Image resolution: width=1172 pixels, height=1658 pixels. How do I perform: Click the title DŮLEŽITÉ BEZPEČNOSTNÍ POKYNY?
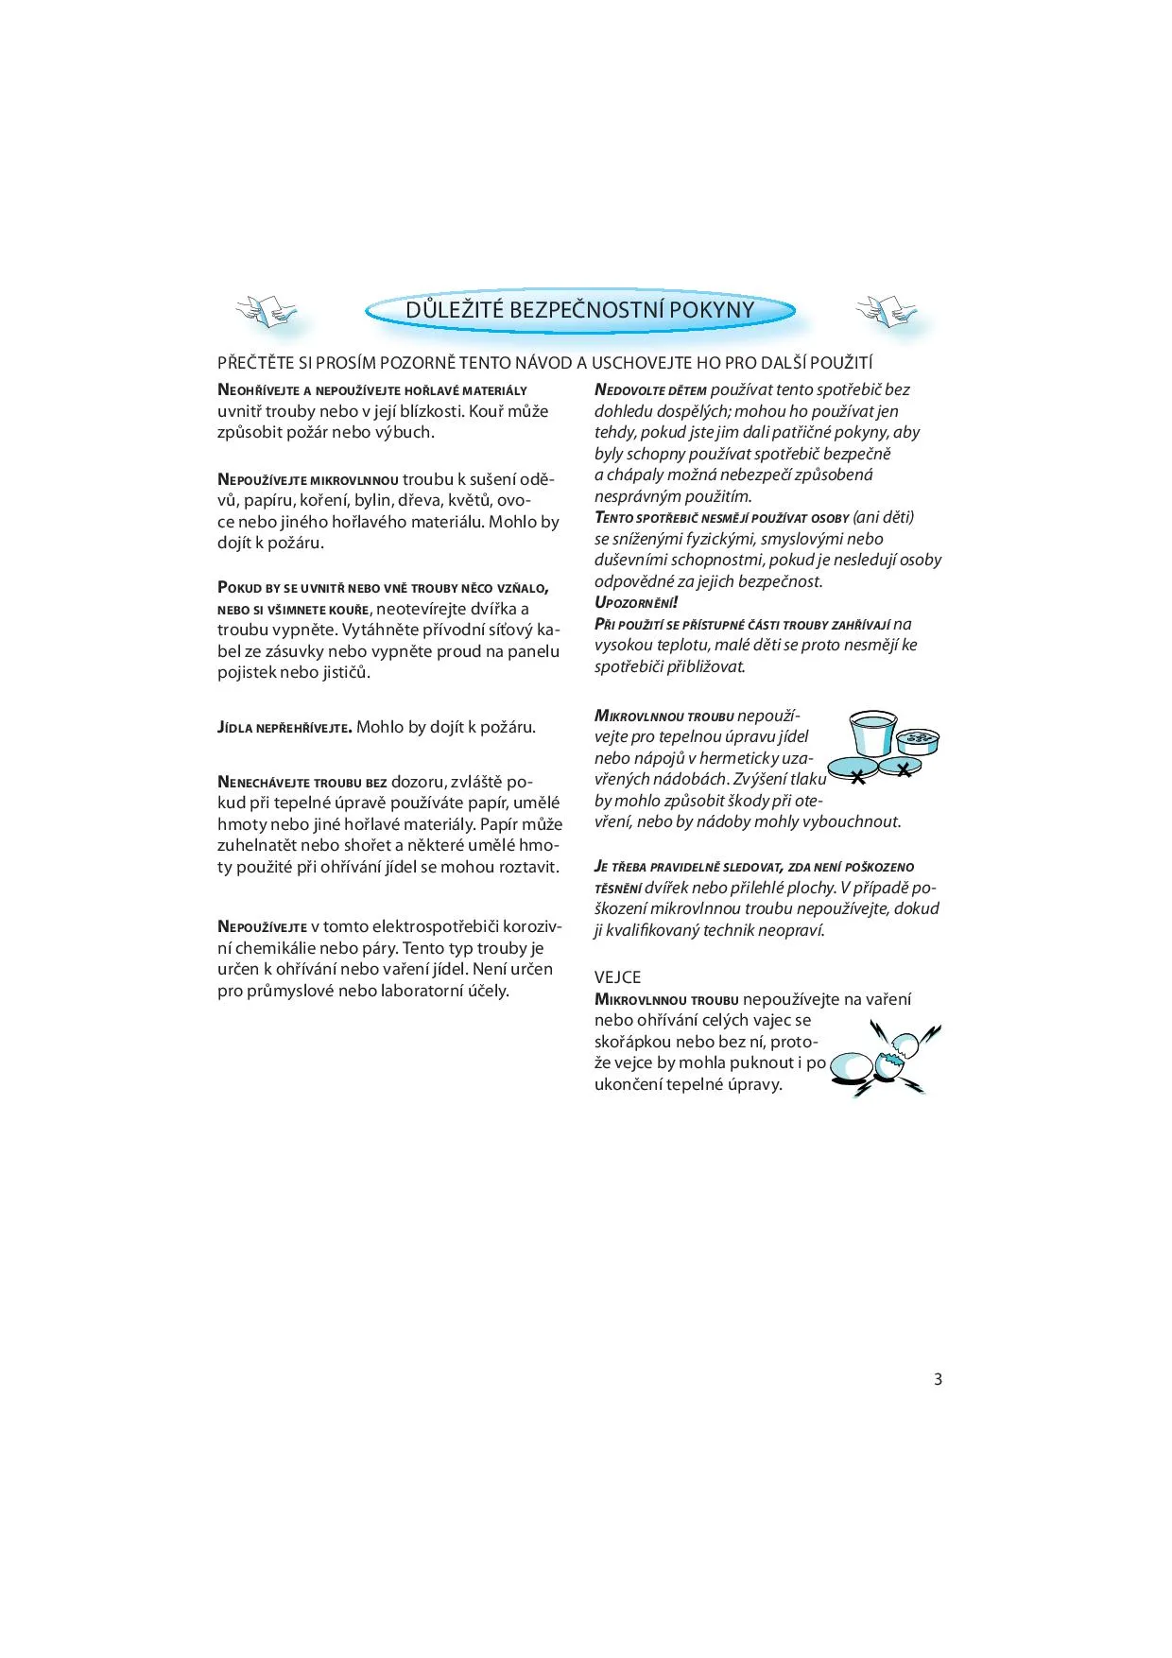579,310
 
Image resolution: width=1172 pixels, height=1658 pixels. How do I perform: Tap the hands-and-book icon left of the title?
266,311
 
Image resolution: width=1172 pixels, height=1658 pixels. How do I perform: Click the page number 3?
938,1379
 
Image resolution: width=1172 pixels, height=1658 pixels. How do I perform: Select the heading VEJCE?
617,977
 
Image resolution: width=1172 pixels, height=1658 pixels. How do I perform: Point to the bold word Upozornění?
636,602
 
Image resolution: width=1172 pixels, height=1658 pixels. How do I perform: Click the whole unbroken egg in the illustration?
853,1067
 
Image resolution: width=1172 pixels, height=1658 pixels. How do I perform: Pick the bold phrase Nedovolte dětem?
650,390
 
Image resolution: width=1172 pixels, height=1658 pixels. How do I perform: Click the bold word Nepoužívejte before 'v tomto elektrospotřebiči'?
262,927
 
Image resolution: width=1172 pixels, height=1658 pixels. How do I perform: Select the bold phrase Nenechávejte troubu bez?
302,783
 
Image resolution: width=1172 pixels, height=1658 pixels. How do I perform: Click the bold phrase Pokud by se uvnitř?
284,588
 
